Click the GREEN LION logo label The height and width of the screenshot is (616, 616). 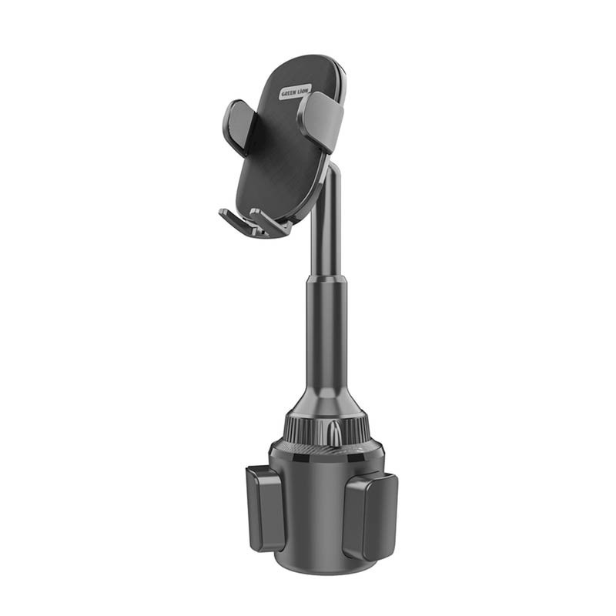point(295,92)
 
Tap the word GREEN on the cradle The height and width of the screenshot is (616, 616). point(289,93)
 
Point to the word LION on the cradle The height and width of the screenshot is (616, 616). point(303,89)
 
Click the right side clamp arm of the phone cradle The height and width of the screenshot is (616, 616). point(321,120)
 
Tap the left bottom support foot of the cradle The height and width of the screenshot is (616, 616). point(235,223)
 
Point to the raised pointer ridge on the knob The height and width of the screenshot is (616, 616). point(336,431)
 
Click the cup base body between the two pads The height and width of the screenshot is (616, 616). point(316,508)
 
